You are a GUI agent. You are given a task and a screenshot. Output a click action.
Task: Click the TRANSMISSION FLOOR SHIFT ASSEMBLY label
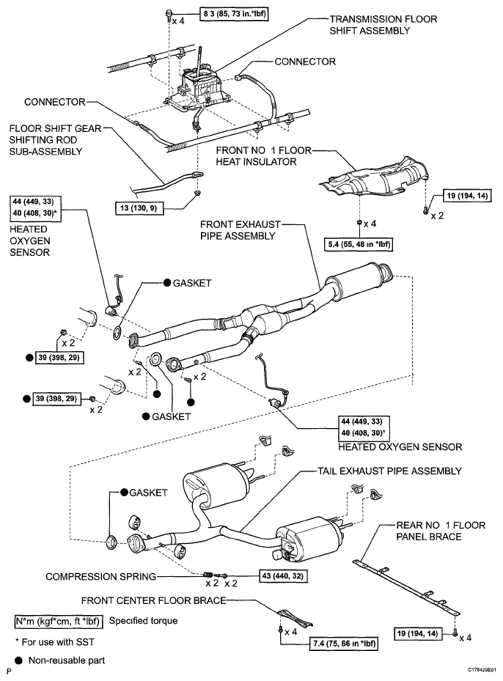coord(383,25)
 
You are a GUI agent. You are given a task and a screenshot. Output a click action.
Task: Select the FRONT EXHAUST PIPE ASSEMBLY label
coord(241,230)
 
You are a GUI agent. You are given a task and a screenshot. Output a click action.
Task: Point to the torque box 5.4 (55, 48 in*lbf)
coord(359,244)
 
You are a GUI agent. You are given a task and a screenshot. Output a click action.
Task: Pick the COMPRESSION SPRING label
coord(100,576)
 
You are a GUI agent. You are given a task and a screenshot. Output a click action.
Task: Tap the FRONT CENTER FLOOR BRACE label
coord(154,600)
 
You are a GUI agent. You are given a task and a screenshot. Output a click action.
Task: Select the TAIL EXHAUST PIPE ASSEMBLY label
coord(389,471)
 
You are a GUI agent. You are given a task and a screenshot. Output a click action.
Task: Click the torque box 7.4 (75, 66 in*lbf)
coord(343,643)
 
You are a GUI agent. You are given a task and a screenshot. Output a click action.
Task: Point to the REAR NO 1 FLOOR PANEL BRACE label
coord(441,531)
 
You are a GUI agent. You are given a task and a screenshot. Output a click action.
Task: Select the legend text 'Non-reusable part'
coord(67,660)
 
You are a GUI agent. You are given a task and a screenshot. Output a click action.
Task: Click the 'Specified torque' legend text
coord(143,621)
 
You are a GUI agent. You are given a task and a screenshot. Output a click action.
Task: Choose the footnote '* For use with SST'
coord(55,642)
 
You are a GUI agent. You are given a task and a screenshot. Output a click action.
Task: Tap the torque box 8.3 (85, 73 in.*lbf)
coord(234,14)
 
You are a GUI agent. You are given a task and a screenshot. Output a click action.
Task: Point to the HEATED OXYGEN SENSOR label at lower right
coord(400,446)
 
